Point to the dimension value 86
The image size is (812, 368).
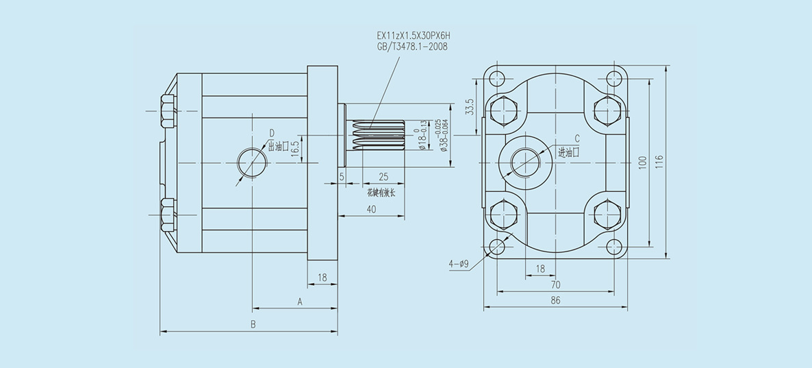tap(555, 300)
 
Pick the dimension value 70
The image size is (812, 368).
tap(555, 284)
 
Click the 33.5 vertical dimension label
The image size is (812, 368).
tap(469, 108)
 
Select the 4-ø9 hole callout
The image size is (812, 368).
tap(459, 262)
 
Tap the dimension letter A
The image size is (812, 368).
tap(299, 301)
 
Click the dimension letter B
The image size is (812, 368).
tap(253, 324)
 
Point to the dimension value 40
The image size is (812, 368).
tap(370, 210)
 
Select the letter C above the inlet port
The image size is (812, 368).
tap(576, 138)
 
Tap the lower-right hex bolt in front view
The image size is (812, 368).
tap(608, 214)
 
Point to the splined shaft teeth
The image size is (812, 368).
tap(377, 135)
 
